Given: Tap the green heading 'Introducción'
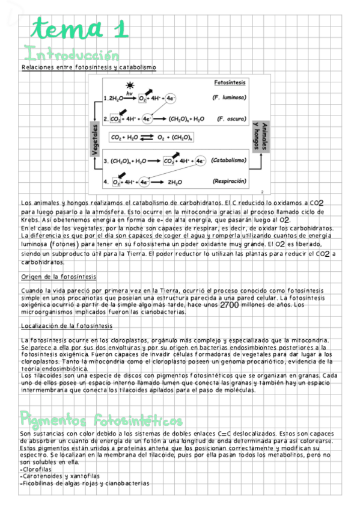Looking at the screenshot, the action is click(69, 53).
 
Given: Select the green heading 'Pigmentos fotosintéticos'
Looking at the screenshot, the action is click(102, 419).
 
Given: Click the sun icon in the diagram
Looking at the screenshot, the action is click(129, 86).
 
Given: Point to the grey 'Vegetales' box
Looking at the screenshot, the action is click(95, 140).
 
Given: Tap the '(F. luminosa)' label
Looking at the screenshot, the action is click(228, 97).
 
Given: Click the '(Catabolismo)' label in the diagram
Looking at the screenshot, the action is click(229, 161).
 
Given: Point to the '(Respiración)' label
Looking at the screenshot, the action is click(229, 181).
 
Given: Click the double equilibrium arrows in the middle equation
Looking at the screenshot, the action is click(147, 138).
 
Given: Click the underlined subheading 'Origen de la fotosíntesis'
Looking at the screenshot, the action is click(59, 277).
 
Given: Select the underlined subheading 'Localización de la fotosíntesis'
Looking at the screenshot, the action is click(66, 326).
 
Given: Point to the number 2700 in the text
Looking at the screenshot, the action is click(230, 306).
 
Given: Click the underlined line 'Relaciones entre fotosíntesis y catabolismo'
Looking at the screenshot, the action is click(88, 67).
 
